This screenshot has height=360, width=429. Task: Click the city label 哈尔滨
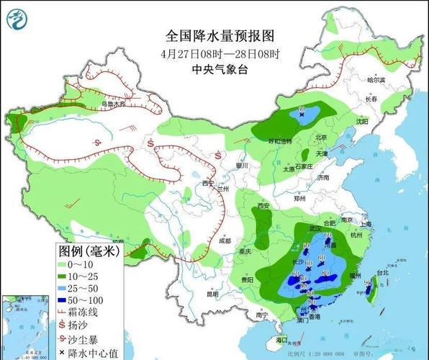click(376, 80)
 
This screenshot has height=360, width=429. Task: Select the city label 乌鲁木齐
click(112, 104)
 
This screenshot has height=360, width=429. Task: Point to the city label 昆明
click(191, 294)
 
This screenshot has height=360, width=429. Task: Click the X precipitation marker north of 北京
click(302, 111)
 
